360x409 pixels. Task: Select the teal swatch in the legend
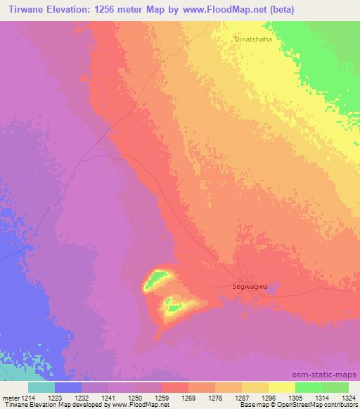point(41,387)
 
